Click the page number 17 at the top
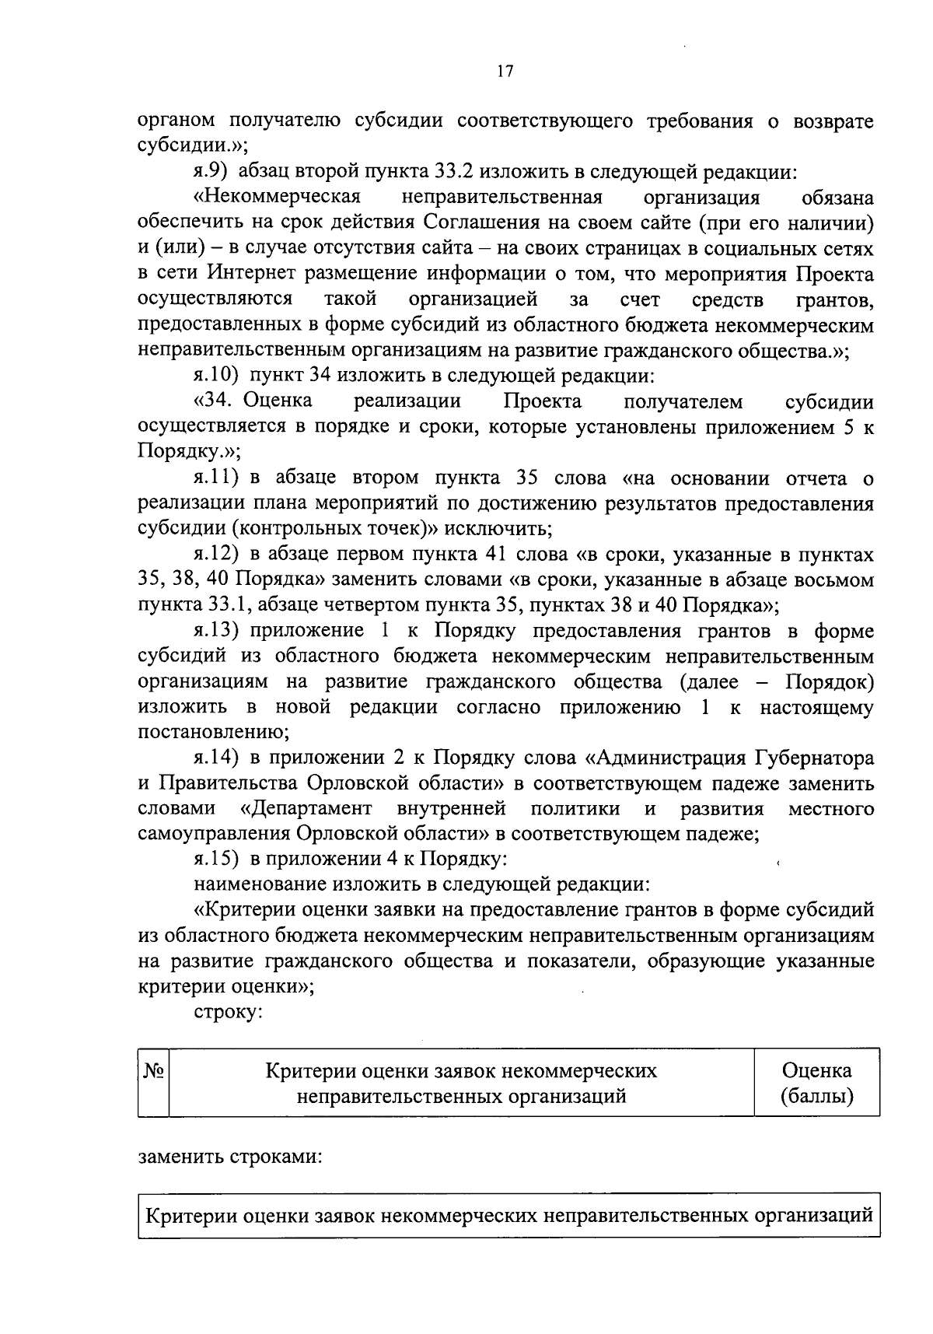[504, 72]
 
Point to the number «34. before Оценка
[215, 402]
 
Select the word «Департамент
[306, 809]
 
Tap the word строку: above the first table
[229, 1013]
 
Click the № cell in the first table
[153, 1071]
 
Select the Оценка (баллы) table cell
[816, 1083]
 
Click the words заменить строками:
[231, 1155]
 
